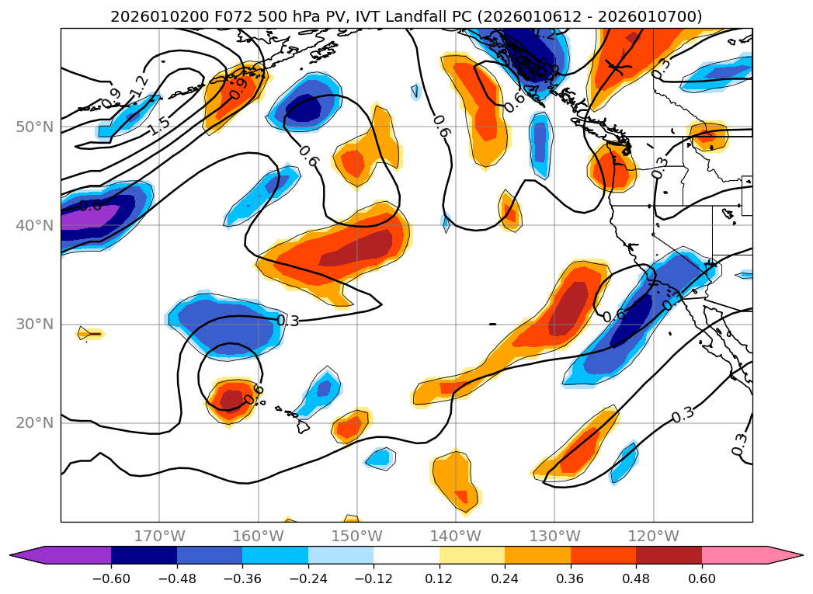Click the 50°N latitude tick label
tap(34, 127)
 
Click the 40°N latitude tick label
tap(34, 226)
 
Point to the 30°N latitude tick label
tap(34, 325)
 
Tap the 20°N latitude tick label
tap(34, 423)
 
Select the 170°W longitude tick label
tap(159, 536)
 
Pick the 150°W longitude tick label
tap(356, 536)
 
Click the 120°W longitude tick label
tap(653, 536)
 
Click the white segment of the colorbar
tap(406, 555)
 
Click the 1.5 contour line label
tap(158, 125)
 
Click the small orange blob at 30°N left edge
tap(90, 334)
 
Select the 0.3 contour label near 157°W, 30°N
tap(287, 321)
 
